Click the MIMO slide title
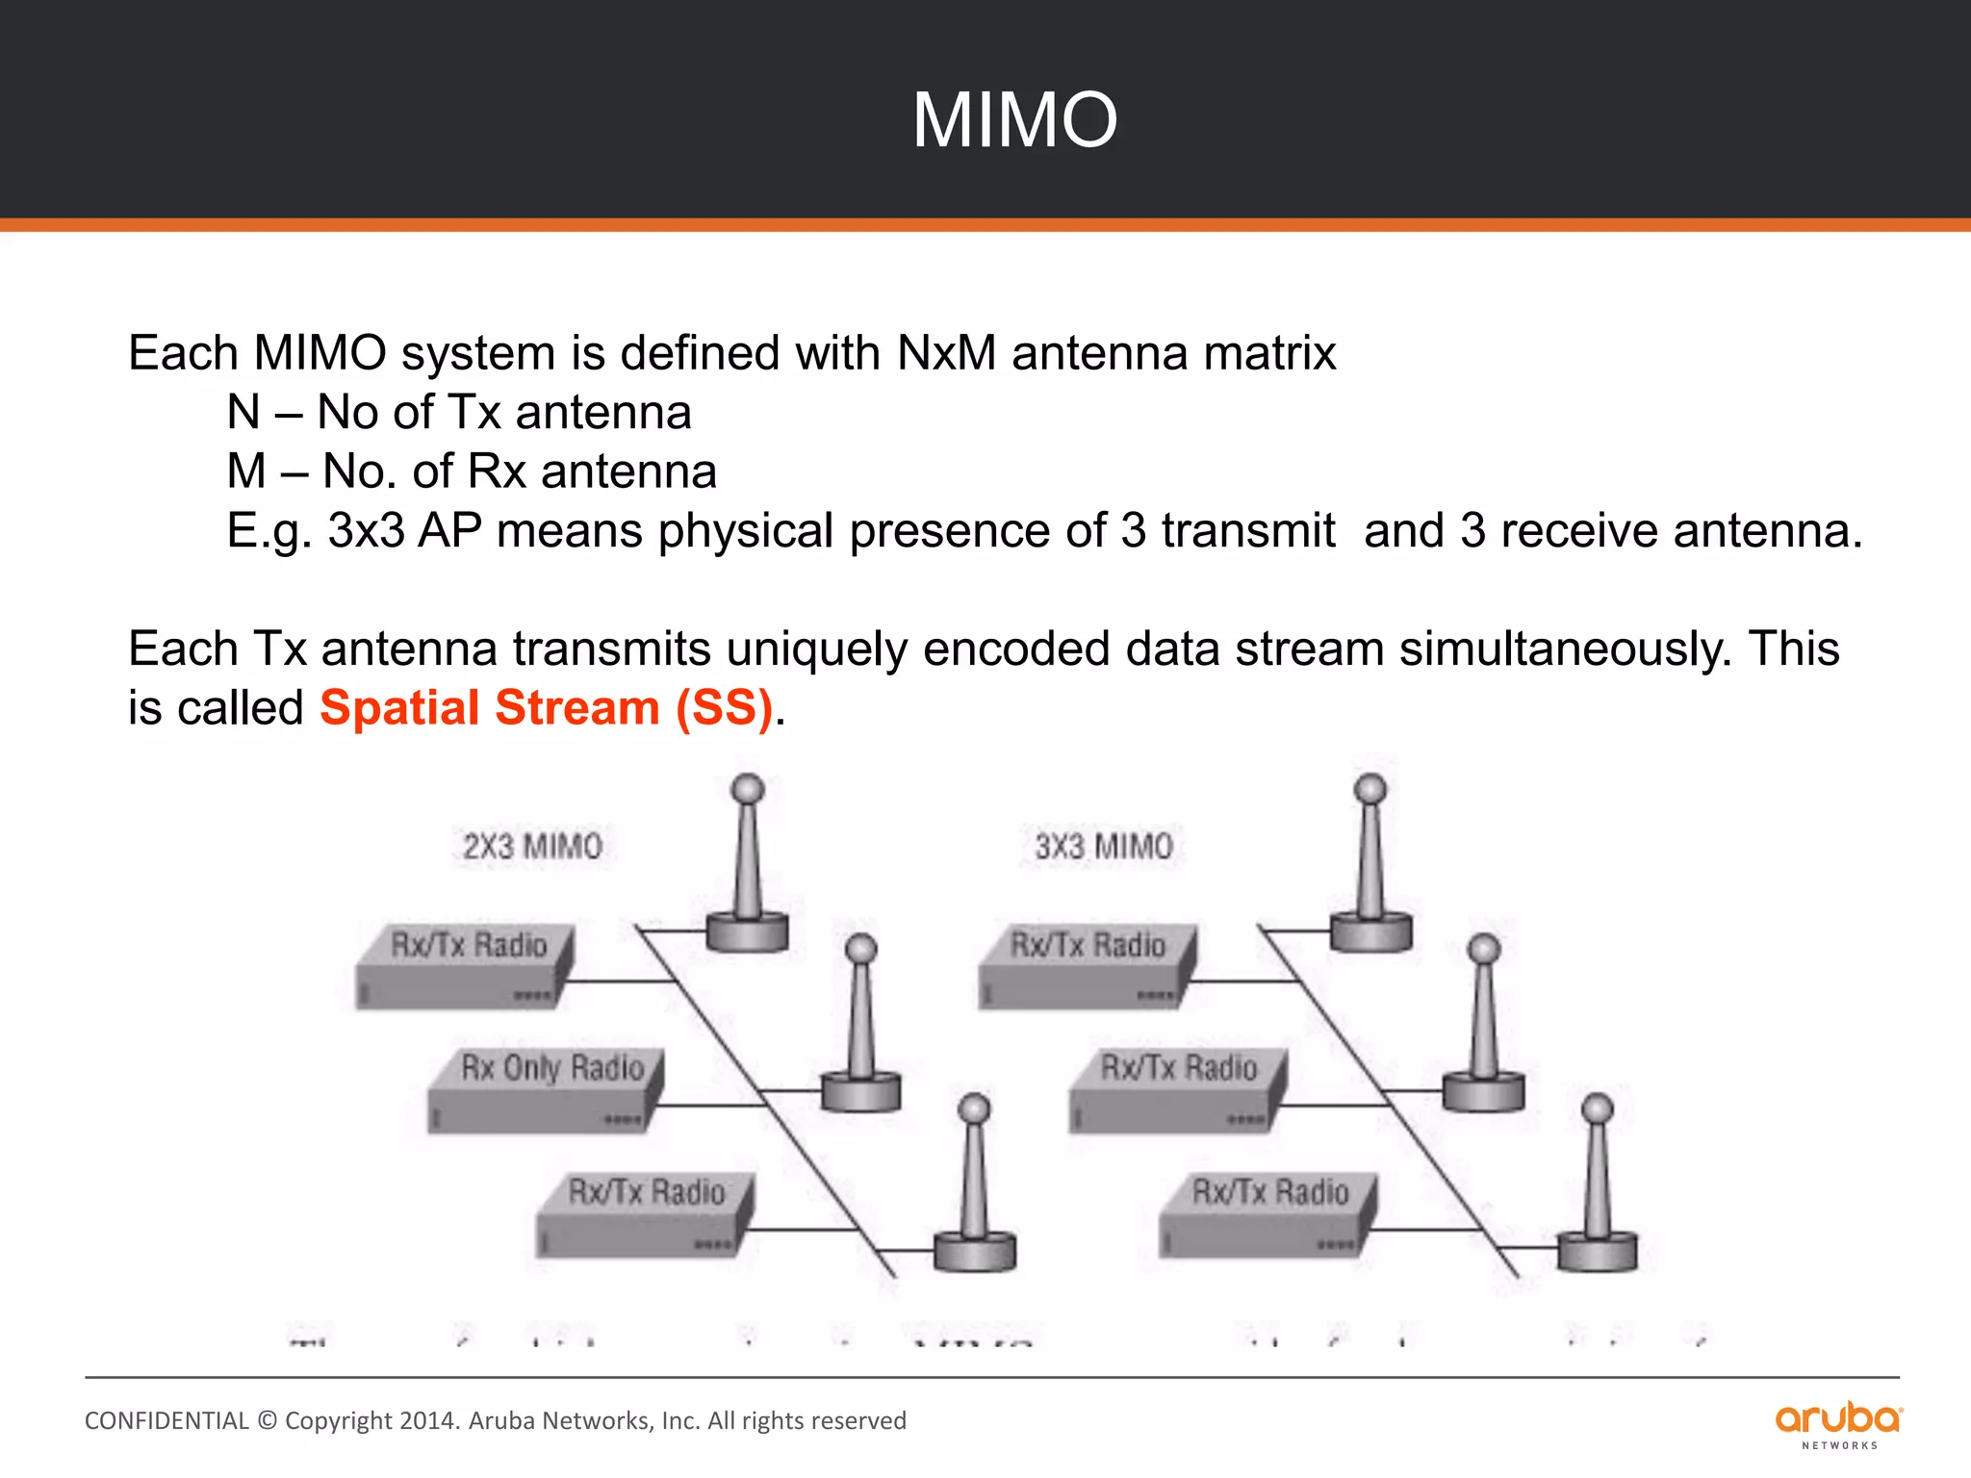pyautogui.click(x=1014, y=120)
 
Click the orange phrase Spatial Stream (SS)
pyautogui.click(x=547, y=708)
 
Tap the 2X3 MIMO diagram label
pyautogui.click(x=532, y=847)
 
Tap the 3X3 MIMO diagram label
pyautogui.click(x=1104, y=847)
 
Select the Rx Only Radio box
pyautogui.click(x=545, y=1092)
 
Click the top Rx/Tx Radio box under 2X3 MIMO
pyautogui.click(x=465, y=968)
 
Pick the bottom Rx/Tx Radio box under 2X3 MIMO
pyautogui.click(x=644, y=1215)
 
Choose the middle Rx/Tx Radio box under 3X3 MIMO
pyautogui.click(x=1177, y=1092)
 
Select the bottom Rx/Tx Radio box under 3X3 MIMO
pyautogui.click(x=1267, y=1215)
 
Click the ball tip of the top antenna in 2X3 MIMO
pyautogui.click(x=748, y=789)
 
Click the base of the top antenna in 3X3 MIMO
pyautogui.click(x=1370, y=931)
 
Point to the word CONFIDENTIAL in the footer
pyautogui.click(x=166, y=1421)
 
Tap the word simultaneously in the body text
pyautogui.click(x=1565, y=650)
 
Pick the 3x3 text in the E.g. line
pyautogui.click(x=366, y=531)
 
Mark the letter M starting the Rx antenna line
pyautogui.click(x=246, y=471)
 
